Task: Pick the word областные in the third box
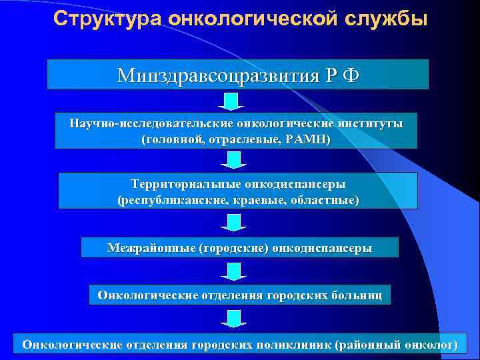(x=327, y=199)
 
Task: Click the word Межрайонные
(x=151, y=247)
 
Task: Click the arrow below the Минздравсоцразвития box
(x=230, y=101)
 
